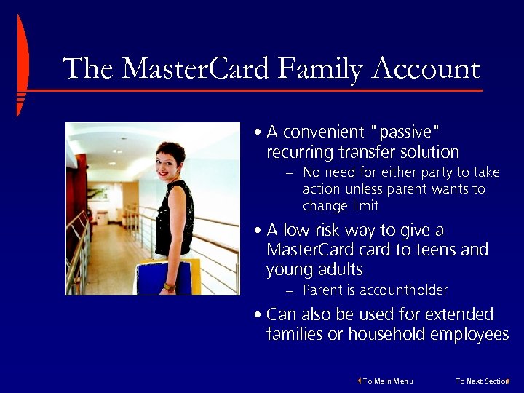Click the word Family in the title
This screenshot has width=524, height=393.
(x=320, y=69)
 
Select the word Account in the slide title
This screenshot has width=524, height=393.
(x=426, y=69)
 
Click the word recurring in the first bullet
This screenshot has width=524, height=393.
(x=300, y=152)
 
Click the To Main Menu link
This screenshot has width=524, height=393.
(x=387, y=381)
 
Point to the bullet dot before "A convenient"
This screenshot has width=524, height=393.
(x=259, y=132)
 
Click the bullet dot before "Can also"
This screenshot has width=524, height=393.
(x=259, y=315)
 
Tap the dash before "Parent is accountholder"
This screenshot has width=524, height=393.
(x=288, y=291)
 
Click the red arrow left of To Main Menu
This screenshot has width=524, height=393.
(x=360, y=381)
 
